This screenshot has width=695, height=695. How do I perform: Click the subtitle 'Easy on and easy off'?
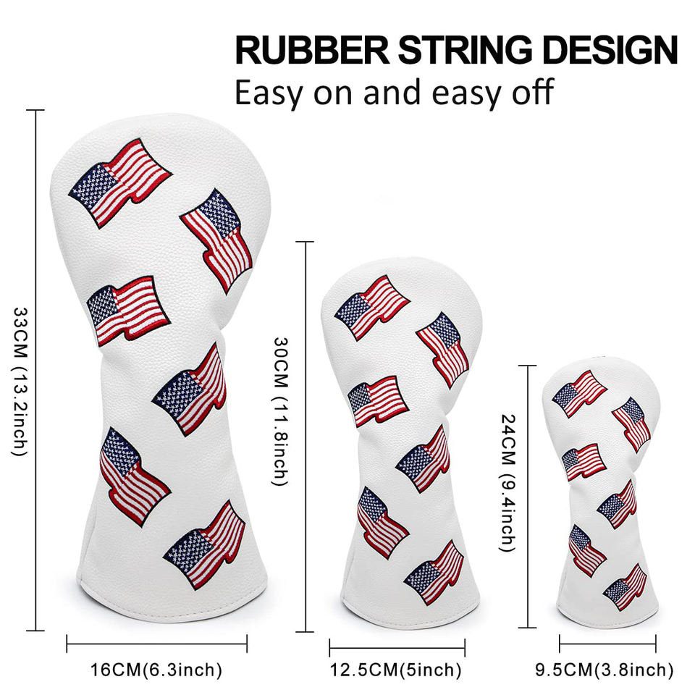[395, 93]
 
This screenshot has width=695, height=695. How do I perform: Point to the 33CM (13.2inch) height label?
[19, 381]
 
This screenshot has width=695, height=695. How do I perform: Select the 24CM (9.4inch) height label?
[509, 483]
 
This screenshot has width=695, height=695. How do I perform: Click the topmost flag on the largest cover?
[120, 181]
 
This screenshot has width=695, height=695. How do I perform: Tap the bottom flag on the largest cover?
[205, 543]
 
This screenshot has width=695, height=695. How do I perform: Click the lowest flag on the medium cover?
[434, 572]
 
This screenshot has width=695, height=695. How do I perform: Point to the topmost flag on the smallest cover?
[579, 393]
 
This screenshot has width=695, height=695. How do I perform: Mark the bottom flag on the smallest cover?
[625, 586]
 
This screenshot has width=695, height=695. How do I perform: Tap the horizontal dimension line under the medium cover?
[397, 647]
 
